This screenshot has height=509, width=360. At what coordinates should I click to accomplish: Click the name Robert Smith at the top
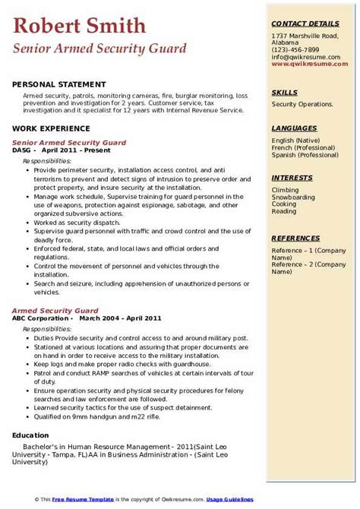(80, 26)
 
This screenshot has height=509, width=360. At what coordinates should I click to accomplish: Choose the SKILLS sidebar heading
(285, 93)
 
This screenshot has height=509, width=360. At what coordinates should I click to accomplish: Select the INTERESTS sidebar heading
(292, 177)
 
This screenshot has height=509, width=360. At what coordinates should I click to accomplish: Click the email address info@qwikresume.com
(303, 55)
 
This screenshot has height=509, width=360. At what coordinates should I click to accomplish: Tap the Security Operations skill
(302, 104)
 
